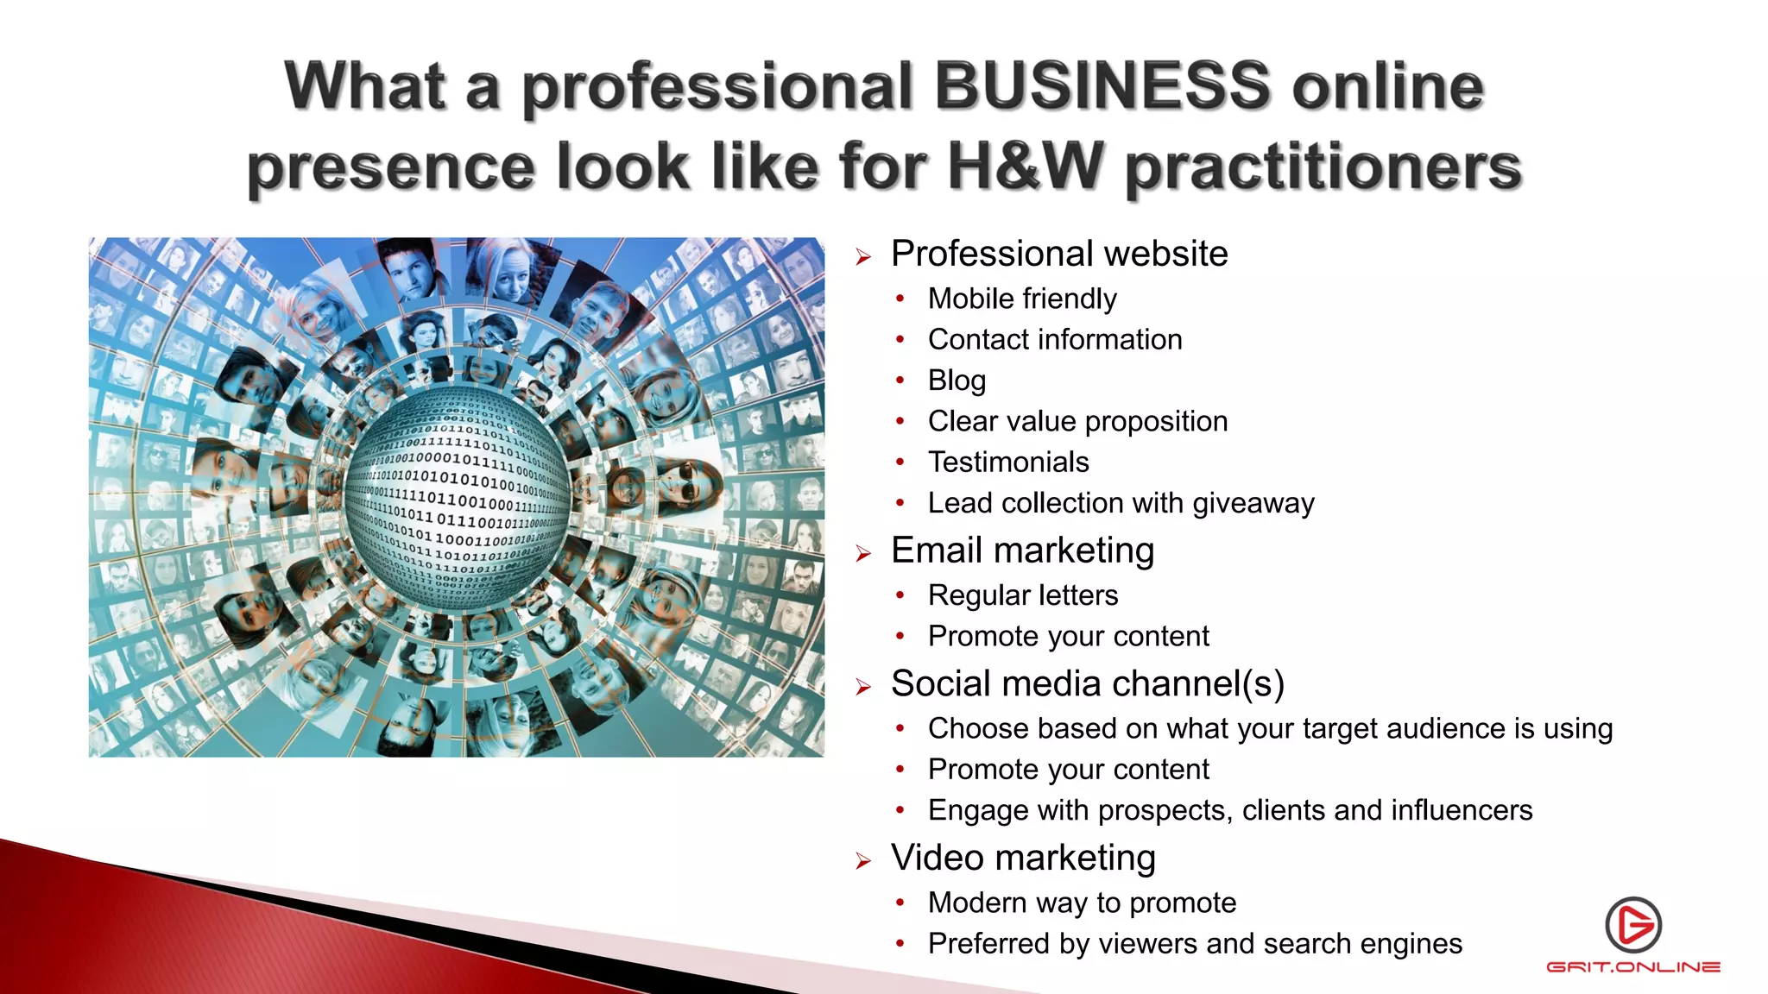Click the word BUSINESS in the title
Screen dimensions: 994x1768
click(1102, 86)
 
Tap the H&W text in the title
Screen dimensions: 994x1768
click(1026, 166)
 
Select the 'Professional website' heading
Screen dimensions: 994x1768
click(1059, 254)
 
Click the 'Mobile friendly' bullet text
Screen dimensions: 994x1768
click(1022, 299)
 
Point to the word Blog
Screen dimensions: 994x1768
click(957, 381)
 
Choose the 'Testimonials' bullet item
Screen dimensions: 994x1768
click(1008, 462)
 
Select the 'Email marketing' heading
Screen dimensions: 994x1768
click(1022, 550)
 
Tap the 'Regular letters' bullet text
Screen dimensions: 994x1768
click(1023, 595)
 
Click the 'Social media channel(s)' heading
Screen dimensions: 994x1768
click(1088, 683)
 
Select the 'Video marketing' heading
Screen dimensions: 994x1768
click(1023, 858)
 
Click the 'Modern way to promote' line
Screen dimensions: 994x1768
click(1082, 903)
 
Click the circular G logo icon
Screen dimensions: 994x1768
click(1633, 925)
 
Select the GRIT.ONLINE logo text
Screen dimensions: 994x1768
click(1633, 967)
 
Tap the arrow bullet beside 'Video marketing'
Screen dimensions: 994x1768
click(863, 860)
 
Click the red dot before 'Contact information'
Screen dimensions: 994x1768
click(900, 340)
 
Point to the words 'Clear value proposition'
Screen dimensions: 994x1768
click(1077, 421)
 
